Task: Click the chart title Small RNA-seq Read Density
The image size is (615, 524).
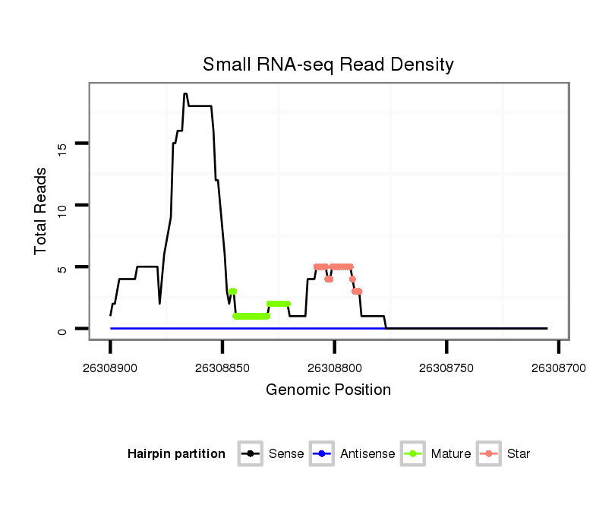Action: (328, 65)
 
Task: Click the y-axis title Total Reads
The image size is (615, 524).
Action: (41, 210)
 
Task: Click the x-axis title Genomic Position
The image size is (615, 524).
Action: (328, 390)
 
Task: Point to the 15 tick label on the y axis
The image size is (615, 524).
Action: (62, 143)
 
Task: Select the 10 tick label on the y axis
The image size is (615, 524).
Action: (62, 205)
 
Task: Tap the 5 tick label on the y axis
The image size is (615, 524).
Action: (62, 267)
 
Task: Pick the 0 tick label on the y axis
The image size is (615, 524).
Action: (62, 330)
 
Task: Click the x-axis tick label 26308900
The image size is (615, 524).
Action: (110, 367)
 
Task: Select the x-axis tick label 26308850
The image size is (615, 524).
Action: (222, 367)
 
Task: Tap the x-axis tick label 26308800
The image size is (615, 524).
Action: (334, 367)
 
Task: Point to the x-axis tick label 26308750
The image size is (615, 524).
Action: (446, 367)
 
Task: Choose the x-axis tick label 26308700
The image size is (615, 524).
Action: (558, 367)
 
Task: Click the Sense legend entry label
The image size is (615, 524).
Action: (286, 454)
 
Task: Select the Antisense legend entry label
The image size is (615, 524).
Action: (367, 454)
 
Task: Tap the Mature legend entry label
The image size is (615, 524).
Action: (451, 454)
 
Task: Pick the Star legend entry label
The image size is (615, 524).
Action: (519, 454)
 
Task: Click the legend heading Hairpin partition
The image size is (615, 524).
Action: (176, 454)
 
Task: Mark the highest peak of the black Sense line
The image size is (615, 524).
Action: (184, 94)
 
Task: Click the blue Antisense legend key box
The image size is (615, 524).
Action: (322, 454)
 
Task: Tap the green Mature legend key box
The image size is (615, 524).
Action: (413, 454)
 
